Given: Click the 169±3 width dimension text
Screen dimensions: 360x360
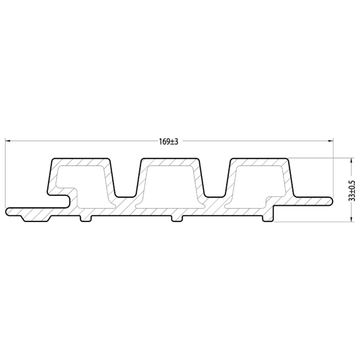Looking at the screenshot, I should (169, 141).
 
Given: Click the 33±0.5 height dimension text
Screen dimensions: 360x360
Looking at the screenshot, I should (352, 190).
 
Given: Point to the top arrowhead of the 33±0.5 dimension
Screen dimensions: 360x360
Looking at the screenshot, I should (350, 160).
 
